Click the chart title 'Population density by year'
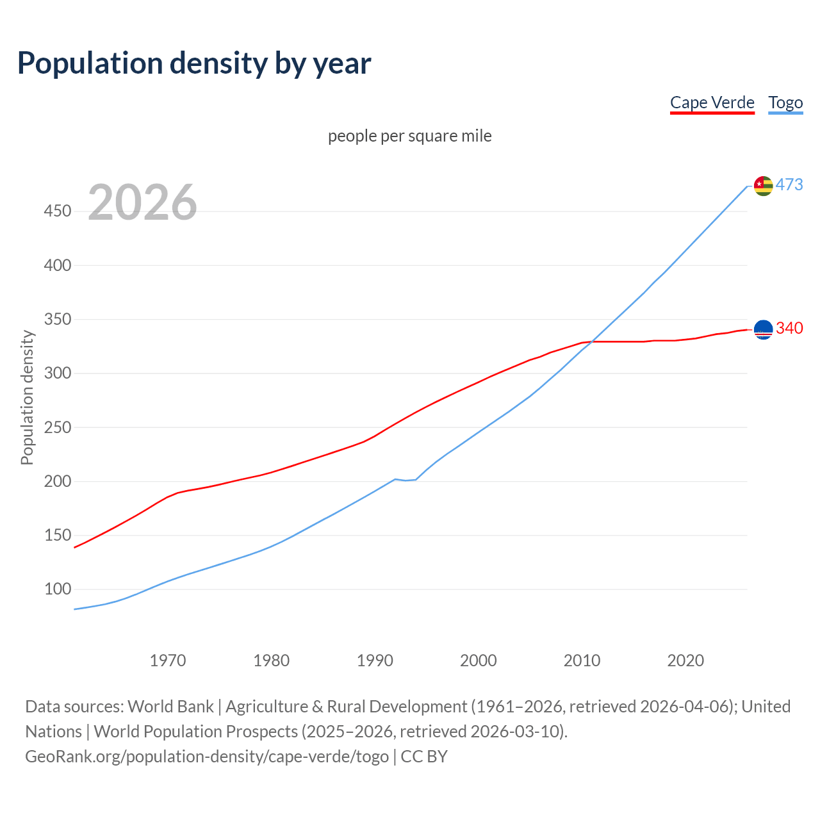pos(194,63)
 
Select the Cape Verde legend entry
pos(712,102)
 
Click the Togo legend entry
pos(785,102)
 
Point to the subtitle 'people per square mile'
pos(409,136)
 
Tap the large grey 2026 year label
pos(142,202)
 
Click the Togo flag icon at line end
pos(763,186)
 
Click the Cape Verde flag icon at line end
pos(763,329)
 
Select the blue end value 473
pos(789,184)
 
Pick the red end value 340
pos(789,328)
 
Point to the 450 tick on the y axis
pos(58,211)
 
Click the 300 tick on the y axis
pos(58,373)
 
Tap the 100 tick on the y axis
pos(58,589)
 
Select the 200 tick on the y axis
pos(58,481)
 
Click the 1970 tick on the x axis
pos(168,660)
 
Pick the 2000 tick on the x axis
pos(479,660)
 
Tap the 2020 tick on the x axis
pos(685,660)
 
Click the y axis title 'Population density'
pos(27,397)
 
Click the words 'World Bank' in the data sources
pos(170,707)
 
